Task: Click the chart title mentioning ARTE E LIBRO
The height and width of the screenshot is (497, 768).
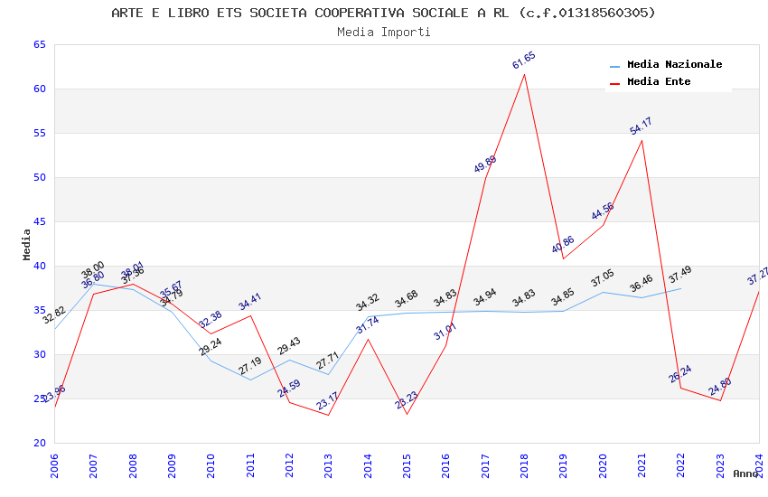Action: pyautogui.click(x=383, y=13)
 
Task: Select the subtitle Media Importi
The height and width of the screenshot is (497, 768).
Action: pyautogui.click(x=383, y=32)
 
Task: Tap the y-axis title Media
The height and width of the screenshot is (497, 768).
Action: pyautogui.click(x=26, y=244)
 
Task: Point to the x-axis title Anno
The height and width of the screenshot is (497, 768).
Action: pyautogui.click(x=745, y=474)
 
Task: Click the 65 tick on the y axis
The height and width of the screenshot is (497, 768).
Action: pyautogui.click(x=39, y=44)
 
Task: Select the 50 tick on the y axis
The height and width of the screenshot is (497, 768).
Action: pyautogui.click(x=39, y=177)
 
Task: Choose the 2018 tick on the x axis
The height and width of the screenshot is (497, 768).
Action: pyautogui.click(x=525, y=466)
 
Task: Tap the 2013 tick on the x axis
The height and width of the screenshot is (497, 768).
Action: pyautogui.click(x=329, y=466)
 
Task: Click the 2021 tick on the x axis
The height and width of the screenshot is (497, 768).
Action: pyautogui.click(x=642, y=466)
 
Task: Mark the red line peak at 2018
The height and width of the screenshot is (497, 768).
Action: pyautogui.click(x=525, y=74)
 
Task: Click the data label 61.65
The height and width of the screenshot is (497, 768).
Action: pyautogui.click(x=524, y=61)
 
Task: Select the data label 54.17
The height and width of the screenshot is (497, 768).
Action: pyautogui.click(x=641, y=127)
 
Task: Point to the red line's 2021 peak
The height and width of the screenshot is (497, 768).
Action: pyautogui.click(x=642, y=140)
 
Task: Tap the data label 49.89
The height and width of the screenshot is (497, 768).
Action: pyautogui.click(x=485, y=164)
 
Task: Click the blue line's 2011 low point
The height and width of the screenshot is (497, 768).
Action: pyautogui.click(x=250, y=380)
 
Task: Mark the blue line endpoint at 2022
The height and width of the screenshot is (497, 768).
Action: pyautogui.click(x=681, y=288)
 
